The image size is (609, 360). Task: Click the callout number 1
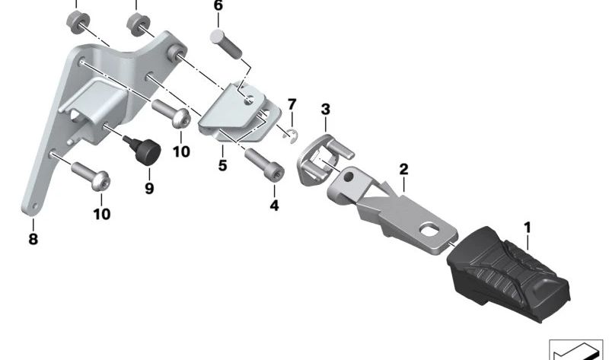point(527,228)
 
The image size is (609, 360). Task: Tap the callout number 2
point(404,169)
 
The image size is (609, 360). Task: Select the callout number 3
point(326,110)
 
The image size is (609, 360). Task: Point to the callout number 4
point(274,205)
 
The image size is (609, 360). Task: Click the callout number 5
point(222,165)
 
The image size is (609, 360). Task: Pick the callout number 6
point(218,6)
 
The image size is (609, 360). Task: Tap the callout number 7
point(292,104)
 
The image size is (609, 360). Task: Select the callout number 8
point(33,239)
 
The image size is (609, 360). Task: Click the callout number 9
point(149,189)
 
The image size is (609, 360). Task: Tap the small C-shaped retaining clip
point(292,135)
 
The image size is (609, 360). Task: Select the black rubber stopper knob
point(143,150)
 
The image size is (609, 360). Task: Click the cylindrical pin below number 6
point(226,43)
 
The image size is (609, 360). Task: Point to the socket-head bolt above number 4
point(264,165)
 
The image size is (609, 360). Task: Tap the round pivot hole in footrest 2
point(349,177)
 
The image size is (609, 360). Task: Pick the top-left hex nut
point(78,23)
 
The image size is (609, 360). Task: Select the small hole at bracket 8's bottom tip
point(35,205)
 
